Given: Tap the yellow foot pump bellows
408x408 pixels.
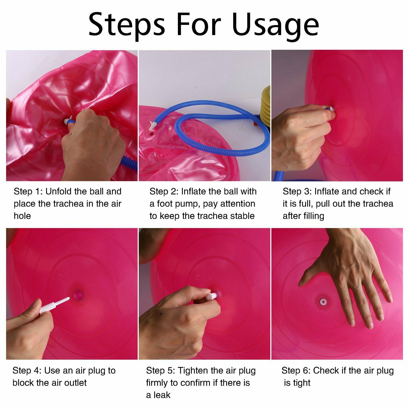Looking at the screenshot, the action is pos(265,104).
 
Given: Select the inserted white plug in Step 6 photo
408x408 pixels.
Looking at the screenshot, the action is pos(323,302).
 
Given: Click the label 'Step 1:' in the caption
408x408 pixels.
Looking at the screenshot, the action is pos(28,191).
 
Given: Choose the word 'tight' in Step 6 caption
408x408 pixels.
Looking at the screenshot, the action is pos(302,383).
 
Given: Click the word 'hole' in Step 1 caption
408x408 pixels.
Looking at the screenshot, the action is pos(22,216).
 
